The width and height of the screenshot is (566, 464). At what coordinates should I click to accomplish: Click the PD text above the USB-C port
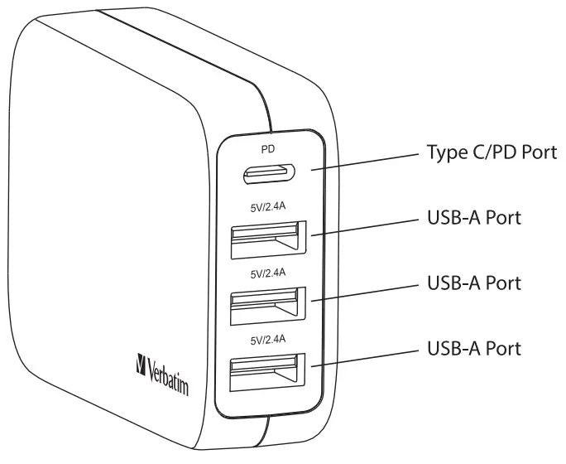pos(268,150)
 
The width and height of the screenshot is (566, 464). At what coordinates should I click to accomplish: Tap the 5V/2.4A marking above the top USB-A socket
pos(267,208)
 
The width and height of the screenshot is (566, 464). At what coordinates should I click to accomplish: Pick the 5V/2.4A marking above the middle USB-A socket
pos(267,272)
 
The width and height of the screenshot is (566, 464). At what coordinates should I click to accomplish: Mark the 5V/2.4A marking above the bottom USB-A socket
pos(267,337)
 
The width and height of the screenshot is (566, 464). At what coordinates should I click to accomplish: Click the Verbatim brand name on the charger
pos(170,371)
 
